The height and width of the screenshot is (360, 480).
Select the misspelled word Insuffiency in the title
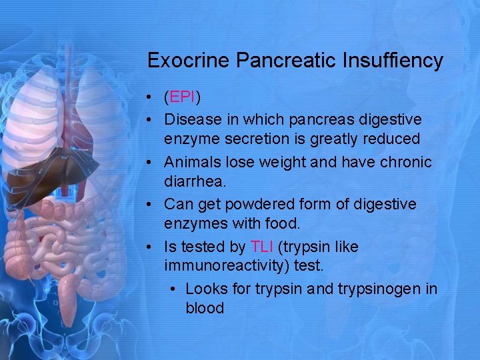point(393,61)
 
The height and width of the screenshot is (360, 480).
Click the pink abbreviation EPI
point(182,98)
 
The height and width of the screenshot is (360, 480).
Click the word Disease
point(193,119)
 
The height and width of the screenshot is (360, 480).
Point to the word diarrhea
point(194,182)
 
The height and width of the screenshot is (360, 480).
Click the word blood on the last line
point(205,309)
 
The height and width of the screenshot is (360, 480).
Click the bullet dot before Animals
point(152,163)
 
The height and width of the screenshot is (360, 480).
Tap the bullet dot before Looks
point(173,289)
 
